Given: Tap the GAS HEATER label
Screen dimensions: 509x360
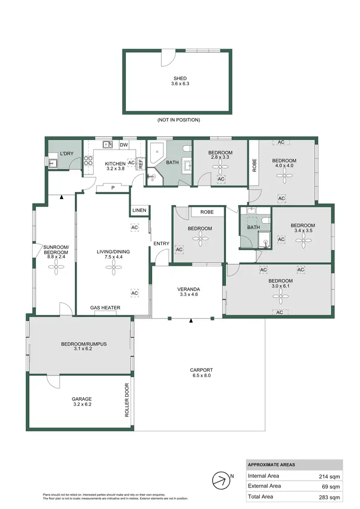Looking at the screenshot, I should [x=105, y=308].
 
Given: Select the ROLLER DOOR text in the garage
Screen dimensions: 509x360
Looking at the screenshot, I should [x=127, y=400].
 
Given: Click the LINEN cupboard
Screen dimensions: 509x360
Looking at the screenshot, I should [x=140, y=210].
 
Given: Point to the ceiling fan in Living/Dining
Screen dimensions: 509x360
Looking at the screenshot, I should [x=114, y=271].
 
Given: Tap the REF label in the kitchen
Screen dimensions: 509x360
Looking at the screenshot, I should [x=141, y=164].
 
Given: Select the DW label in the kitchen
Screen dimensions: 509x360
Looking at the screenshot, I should [x=123, y=145].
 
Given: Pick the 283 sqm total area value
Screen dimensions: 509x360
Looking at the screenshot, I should [x=331, y=497].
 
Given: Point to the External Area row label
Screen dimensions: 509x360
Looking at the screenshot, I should [x=265, y=486].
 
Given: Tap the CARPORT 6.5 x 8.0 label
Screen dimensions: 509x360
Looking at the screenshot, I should [x=201, y=373].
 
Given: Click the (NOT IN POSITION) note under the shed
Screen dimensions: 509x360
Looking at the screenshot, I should [x=178, y=120].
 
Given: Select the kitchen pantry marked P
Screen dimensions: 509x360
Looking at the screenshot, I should [x=113, y=188].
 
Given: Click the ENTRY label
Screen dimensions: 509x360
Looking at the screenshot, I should [x=161, y=244].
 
